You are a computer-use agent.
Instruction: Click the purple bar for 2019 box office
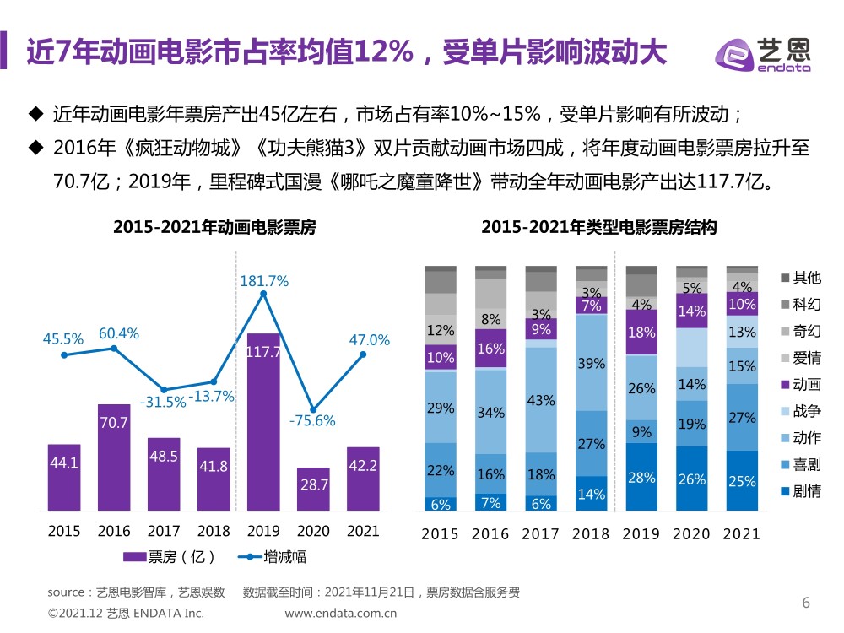click(263, 422)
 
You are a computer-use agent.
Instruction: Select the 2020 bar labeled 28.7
click(313, 490)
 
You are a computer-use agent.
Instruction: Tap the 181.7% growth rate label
click(264, 281)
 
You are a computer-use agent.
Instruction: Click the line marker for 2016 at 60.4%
click(114, 348)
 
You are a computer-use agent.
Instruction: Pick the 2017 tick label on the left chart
click(164, 531)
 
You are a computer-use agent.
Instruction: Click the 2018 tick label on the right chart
click(591, 533)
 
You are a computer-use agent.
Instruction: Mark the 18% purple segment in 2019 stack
click(641, 333)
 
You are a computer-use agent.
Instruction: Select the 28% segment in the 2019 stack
click(641, 478)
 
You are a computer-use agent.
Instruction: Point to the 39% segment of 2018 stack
click(591, 363)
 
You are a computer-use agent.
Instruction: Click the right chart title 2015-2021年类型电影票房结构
click(598, 227)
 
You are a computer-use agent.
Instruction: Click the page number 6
click(805, 603)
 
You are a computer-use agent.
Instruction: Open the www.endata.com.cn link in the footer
click(341, 614)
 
